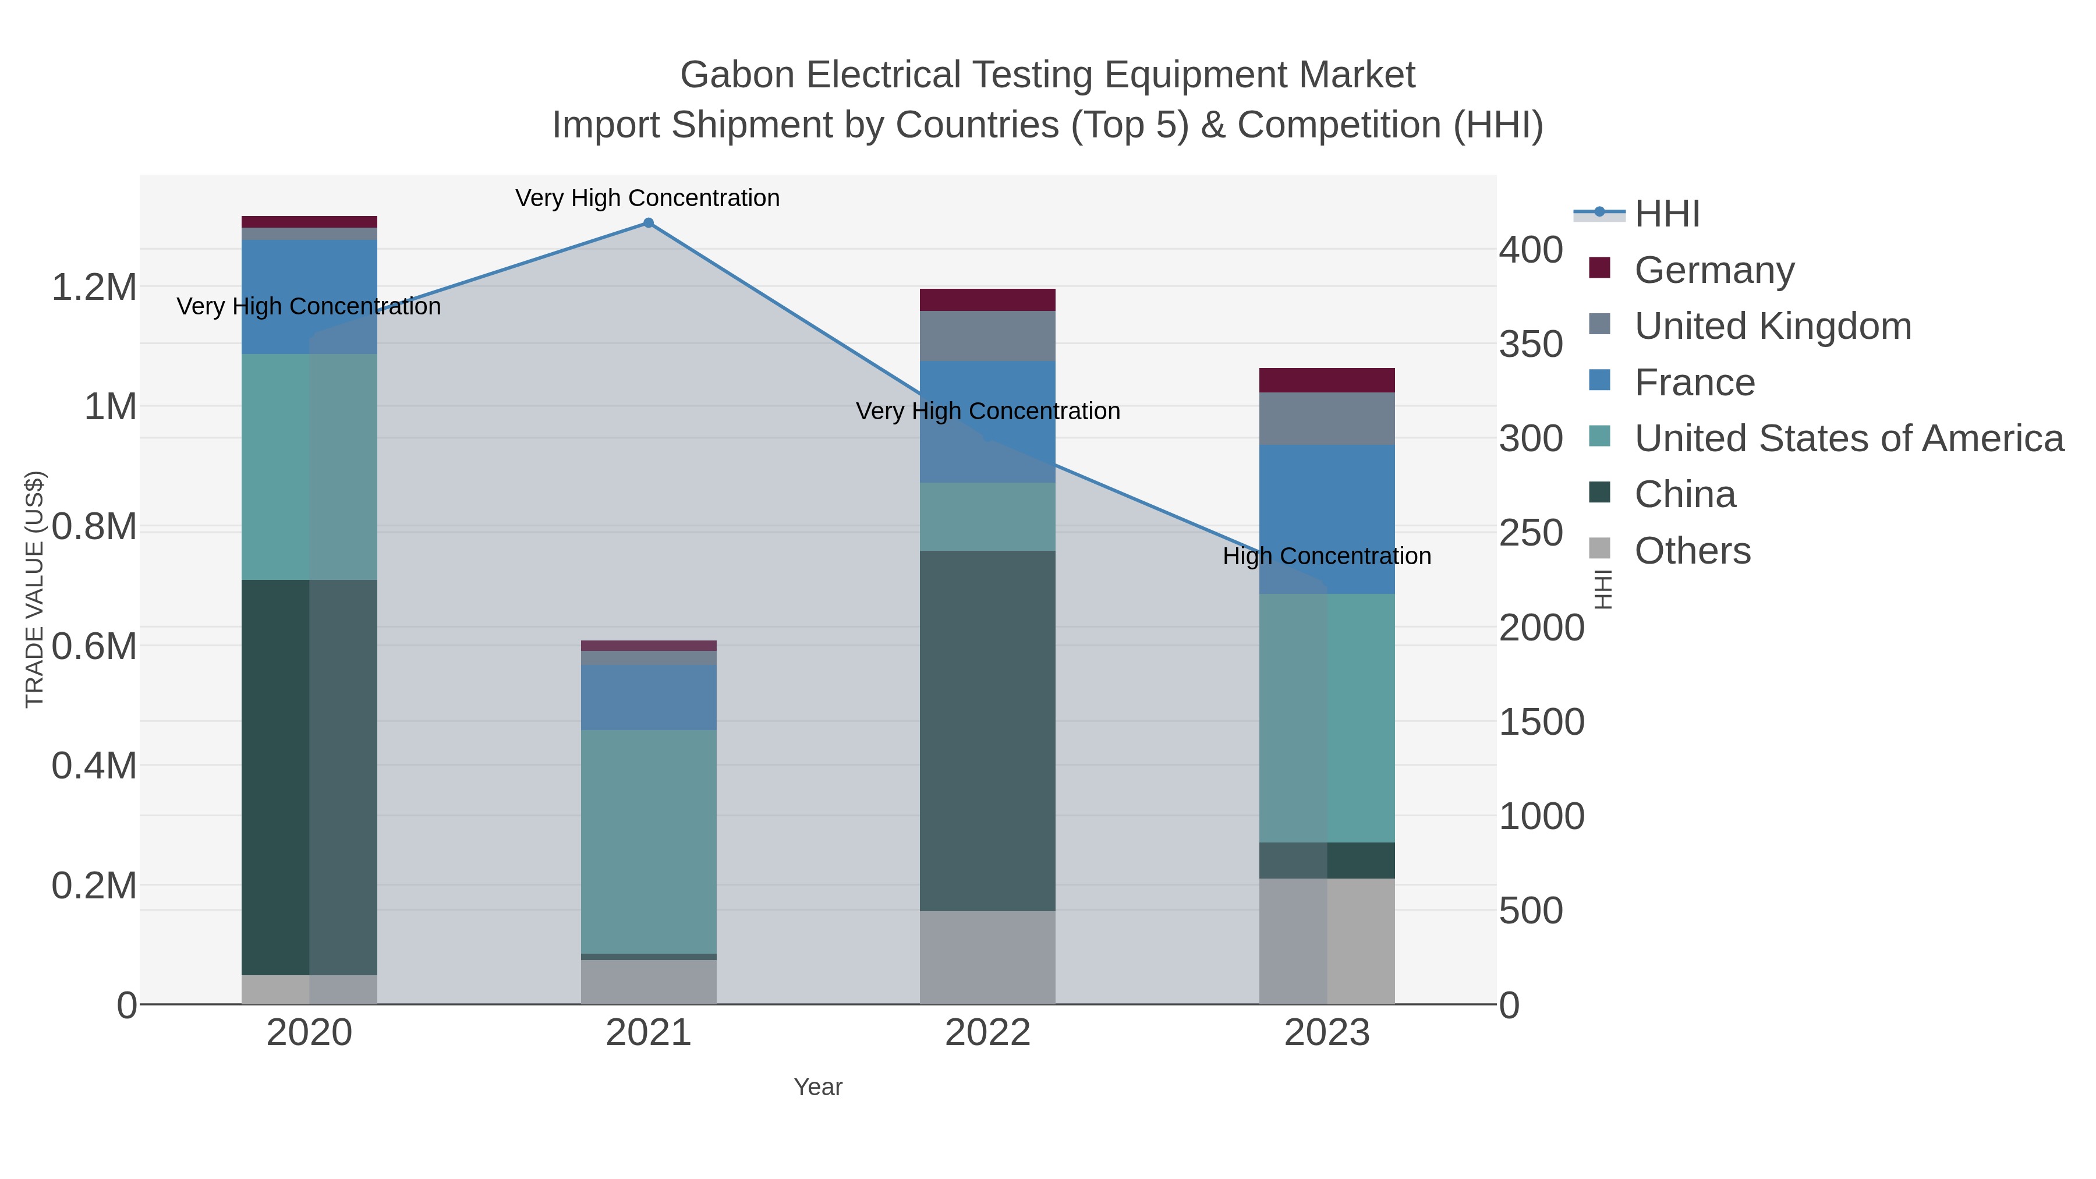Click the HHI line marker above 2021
pyautogui.click(x=649, y=223)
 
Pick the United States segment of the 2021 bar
pyautogui.click(x=649, y=841)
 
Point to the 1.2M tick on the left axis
pyautogui.click(x=94, y=287)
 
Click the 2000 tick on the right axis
pyautogui.click(x=1541, y=627)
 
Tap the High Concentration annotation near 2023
pyautogui.click(x=1326, y=557)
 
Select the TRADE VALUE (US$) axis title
pyautogui.click(x=34, y=589)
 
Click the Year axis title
pyautogui.click(x=818, y=1087)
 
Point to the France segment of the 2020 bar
pyautogui.click(x=309, y=296)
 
